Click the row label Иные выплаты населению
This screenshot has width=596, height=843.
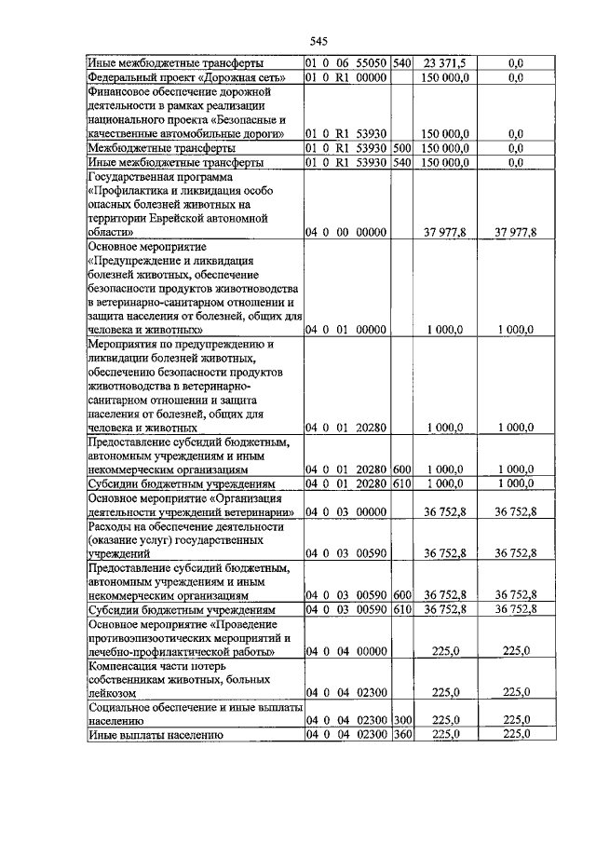(x=155, y=735)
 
